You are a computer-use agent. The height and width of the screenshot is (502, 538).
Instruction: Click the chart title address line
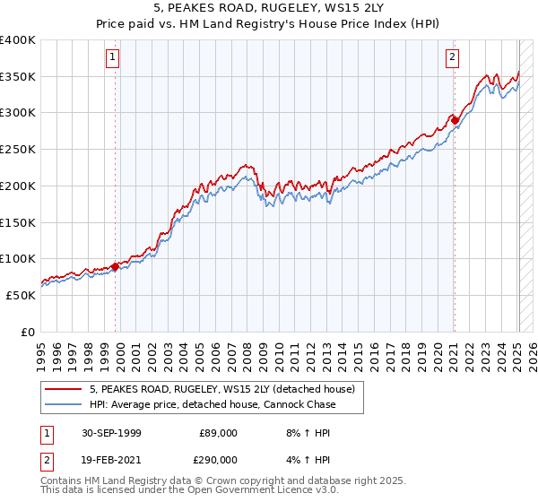(269, 7)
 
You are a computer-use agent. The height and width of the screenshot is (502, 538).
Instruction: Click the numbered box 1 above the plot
(114, 58)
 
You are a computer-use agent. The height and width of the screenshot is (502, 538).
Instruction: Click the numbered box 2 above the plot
(452, 58)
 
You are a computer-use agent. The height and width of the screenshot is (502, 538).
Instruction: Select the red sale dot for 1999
(116, 266)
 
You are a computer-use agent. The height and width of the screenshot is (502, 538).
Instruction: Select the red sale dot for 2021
(455, 120)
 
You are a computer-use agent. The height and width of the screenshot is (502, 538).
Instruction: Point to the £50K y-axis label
(21, 295)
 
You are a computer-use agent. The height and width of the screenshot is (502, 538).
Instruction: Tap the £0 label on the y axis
(28, 332)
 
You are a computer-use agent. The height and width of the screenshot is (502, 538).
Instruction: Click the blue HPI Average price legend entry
(212, 404)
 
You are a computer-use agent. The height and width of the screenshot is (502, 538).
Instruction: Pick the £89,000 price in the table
(218, 433)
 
